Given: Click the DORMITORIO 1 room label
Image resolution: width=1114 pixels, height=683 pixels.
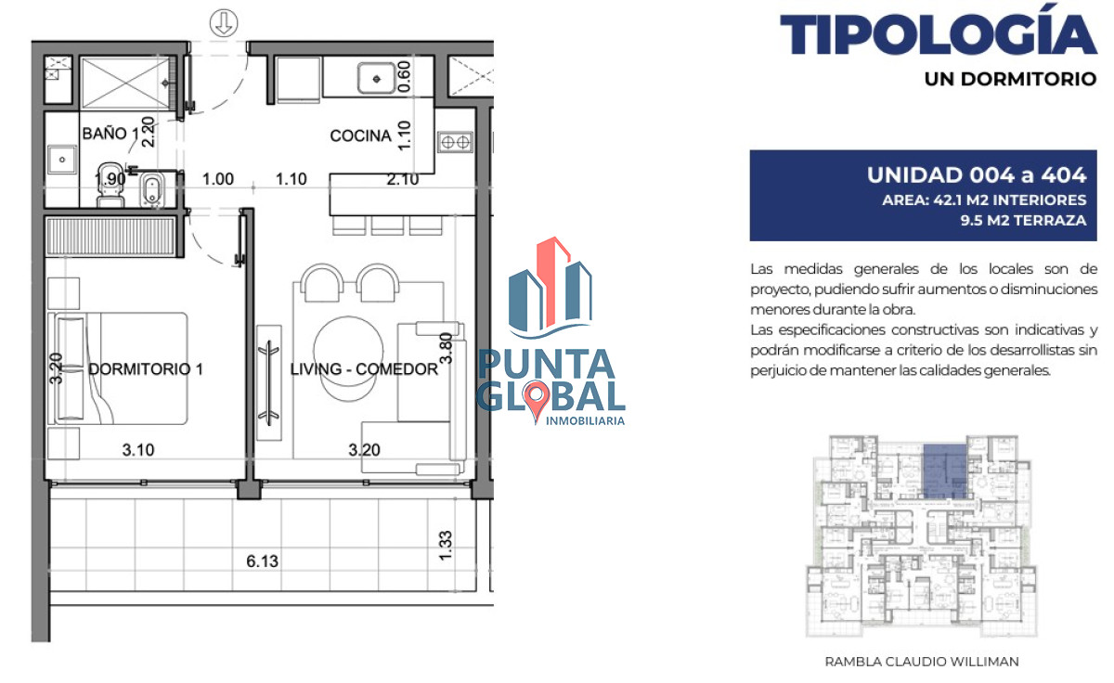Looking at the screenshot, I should tap(146, 369).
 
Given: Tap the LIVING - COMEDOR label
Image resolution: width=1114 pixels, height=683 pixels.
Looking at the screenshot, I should tap(364, 369).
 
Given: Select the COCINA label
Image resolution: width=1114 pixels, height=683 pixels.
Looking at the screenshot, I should tap(360, 136).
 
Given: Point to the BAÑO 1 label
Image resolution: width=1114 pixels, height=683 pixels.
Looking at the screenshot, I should tap(110, 134).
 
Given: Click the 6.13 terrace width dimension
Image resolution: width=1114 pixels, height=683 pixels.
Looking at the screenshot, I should tap(263, 561).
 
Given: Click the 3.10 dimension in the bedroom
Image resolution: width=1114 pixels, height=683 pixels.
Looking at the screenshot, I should tap(138, 451).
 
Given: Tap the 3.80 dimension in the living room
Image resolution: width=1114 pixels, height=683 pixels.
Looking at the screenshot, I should tap(445, 347).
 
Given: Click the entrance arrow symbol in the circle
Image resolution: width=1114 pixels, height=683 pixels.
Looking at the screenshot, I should tap(223, 22).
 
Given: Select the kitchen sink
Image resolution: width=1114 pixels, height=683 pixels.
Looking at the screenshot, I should tap(376, 78).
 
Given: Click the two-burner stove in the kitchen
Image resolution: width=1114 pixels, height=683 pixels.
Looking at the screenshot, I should tap(455, 142).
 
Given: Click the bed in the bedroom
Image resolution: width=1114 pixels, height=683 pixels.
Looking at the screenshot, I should tap(121, 368).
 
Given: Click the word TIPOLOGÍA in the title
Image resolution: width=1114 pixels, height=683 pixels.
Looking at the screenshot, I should tap(938, 36).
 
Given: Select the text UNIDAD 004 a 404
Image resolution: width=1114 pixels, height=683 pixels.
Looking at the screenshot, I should tap(976, 174).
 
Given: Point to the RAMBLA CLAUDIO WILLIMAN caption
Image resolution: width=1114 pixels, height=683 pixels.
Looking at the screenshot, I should tap(922, 662).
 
